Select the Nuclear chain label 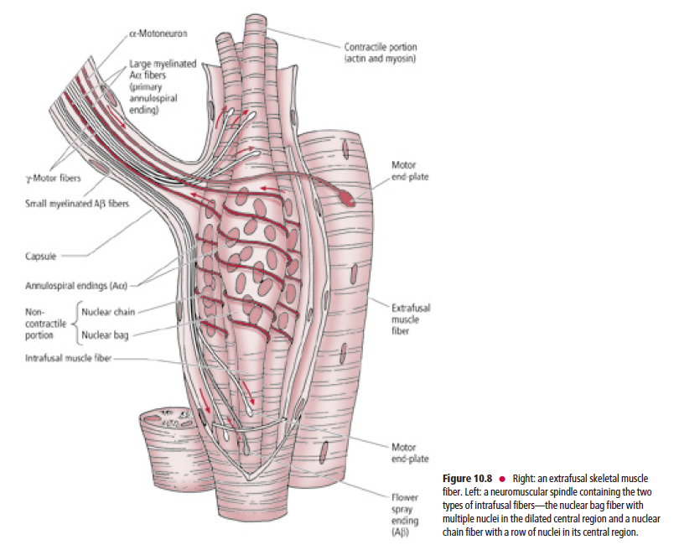point(108,311)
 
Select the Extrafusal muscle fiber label point(411,319)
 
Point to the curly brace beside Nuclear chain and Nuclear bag point(76,323)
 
